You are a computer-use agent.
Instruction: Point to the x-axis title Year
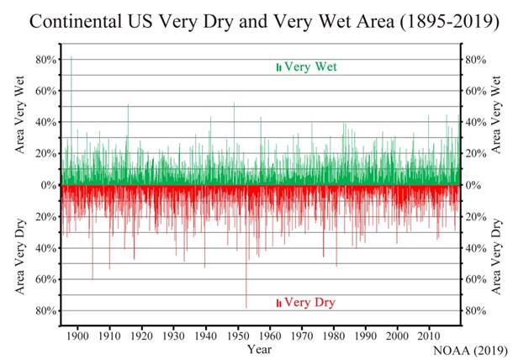pyautogui.click(x=259, y=347)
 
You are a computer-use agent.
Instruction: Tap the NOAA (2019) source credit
pyautogui.click(x=471, y=349)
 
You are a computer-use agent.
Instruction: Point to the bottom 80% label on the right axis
pyautogui.click(x=477, y=310)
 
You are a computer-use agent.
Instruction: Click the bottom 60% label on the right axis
pyautogui.click(x=477, y=279)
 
